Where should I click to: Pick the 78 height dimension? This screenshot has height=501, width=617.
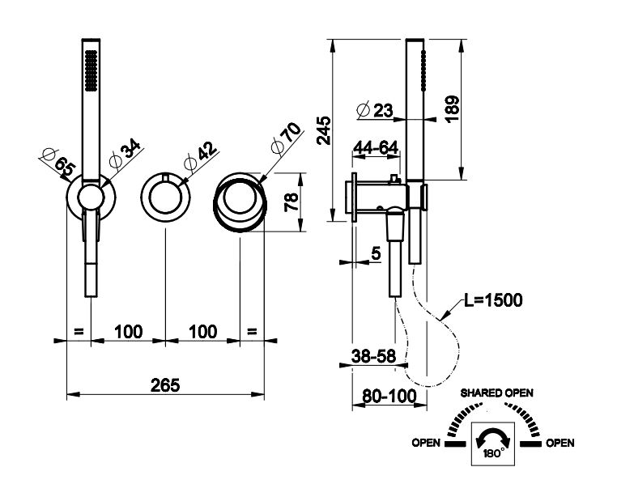coord(291,201)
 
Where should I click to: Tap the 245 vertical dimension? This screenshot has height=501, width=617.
coord(323,129)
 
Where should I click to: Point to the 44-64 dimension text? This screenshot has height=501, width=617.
coord(377,148)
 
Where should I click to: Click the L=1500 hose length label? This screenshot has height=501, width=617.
coord(492,301)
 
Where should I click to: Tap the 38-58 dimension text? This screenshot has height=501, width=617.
coord(374,354)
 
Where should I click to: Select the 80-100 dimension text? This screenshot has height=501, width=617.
coord(384,396)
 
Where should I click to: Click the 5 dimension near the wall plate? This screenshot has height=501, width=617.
coord(375,253)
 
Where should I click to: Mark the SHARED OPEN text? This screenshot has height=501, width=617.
coord(497,393)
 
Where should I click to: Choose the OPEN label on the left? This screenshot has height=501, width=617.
coord(426,443)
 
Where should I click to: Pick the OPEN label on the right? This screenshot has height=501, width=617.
coord(560,443)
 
